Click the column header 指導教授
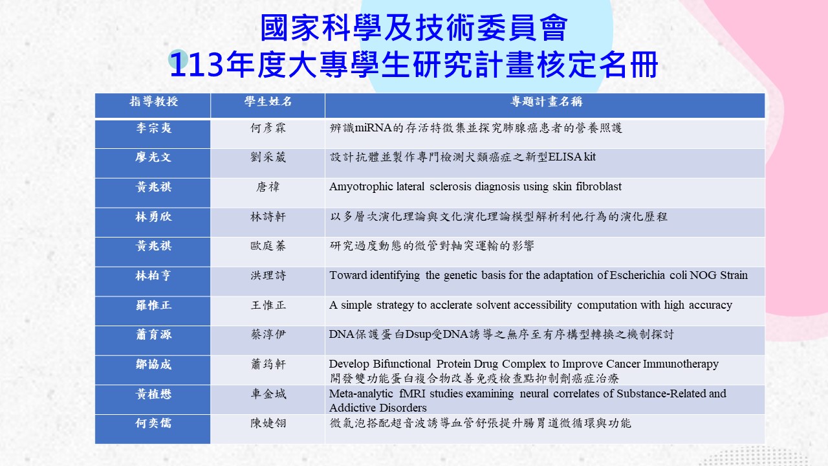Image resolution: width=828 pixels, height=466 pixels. point(153,102)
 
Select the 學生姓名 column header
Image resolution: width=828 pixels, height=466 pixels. point(268,102)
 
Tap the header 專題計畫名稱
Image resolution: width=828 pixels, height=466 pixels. point(547,102)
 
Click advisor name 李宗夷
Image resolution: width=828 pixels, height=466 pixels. point(153,128)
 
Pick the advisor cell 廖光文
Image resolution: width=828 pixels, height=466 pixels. point(153,157)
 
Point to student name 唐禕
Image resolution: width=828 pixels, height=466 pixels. point(268,187)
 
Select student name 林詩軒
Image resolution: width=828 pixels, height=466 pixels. point(268,216)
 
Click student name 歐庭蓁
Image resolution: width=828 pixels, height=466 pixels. point(268,246)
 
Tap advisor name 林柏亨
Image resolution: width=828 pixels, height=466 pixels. point(153,276)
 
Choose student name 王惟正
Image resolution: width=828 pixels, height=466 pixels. point(268,305)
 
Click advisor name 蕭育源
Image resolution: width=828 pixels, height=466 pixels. point(153,335)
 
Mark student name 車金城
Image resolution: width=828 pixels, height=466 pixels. point(268,394)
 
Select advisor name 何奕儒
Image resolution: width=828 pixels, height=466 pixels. point(153,423)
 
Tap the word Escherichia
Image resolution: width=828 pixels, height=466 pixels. point(637,275)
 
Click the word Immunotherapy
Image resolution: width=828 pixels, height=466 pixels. point(681,364)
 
